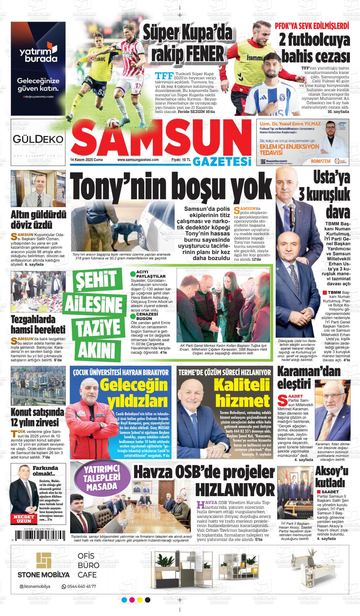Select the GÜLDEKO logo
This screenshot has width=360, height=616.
pos(38,139)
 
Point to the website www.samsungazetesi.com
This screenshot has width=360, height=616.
pos(138,160)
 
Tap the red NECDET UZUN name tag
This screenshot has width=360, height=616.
pos(23,519)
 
